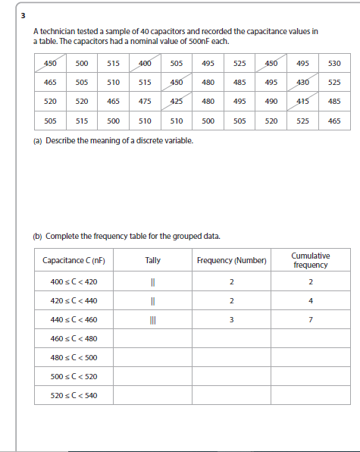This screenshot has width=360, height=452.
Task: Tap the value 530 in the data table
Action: (x=335, y=63)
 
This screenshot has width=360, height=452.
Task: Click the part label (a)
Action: (x=38, y=140)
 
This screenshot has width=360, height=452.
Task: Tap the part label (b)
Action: (x=38, y=235)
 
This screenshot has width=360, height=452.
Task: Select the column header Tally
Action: (x=152, y=260)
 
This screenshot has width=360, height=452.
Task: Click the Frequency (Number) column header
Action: (x=232, y=260)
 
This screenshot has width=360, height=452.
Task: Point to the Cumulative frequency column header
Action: (x=310, y=260)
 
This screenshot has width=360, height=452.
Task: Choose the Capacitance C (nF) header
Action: (x=74, y=260)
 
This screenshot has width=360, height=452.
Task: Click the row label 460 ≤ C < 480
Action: (x=74, y=338)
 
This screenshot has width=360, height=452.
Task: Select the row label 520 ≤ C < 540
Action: (x=74, y=395)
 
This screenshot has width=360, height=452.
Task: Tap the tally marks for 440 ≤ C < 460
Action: (x=152, y=319)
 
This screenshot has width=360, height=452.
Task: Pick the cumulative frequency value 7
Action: (x=310, y=319)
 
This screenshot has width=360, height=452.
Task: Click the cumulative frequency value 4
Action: (x=310, y=301)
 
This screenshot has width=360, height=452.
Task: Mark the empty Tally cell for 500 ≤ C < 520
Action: (x=152, y=376)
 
